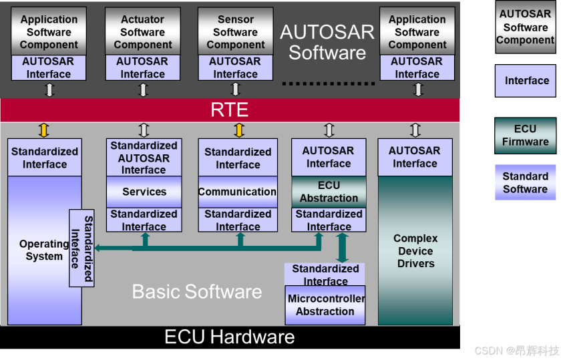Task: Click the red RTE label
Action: pyautogui.click(x=229, y=110)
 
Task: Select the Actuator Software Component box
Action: pyautogui.click(x=143, y=31)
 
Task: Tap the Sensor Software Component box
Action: pyautogui.click(x=235, y=31)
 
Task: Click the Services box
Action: pyautogui.click(x=144, y=192)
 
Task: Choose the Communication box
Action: pyautogui.click(x=238, y=192)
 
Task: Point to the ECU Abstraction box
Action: pyautogui.click(x=329, y=192)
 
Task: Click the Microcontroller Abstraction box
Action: pyautogui.click(x=325, y=305)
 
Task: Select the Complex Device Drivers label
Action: pyautogui.click(x=415, y=251)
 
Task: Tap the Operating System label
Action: pyautogui.click(x=44, y=250)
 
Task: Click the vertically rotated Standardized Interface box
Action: pyautogui.click(x=81, y=248)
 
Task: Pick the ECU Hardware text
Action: pyautogui.click(x=229, y=337)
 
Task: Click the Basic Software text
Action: pyautogui.click(x=197, y=291)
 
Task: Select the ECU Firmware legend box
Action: pyautogui.click(x=525, y=136)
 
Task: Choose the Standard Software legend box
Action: pyautogui.click(x=525, y=182)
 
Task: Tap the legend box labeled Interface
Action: pyautogui.click(x=525, y=81)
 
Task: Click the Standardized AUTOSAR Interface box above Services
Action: pyautogui.click(x=144, y=158)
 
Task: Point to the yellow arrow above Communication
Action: pyautogui.click(x=239, y=130)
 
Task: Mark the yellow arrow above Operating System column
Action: pyautogui.click(x=44, y=130)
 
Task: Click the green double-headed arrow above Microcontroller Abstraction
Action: pyautogui.click(x=342, y=248)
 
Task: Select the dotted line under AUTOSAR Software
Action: pyautogui.click(x=329, y=83)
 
